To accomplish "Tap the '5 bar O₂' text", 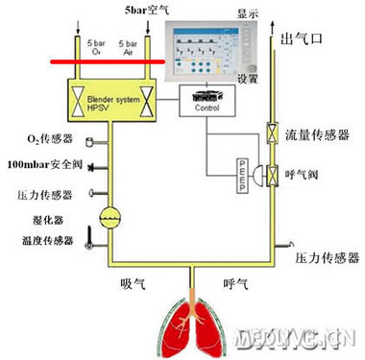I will (x=94, y=47).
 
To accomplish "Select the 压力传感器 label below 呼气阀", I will (x=328, y=258).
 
